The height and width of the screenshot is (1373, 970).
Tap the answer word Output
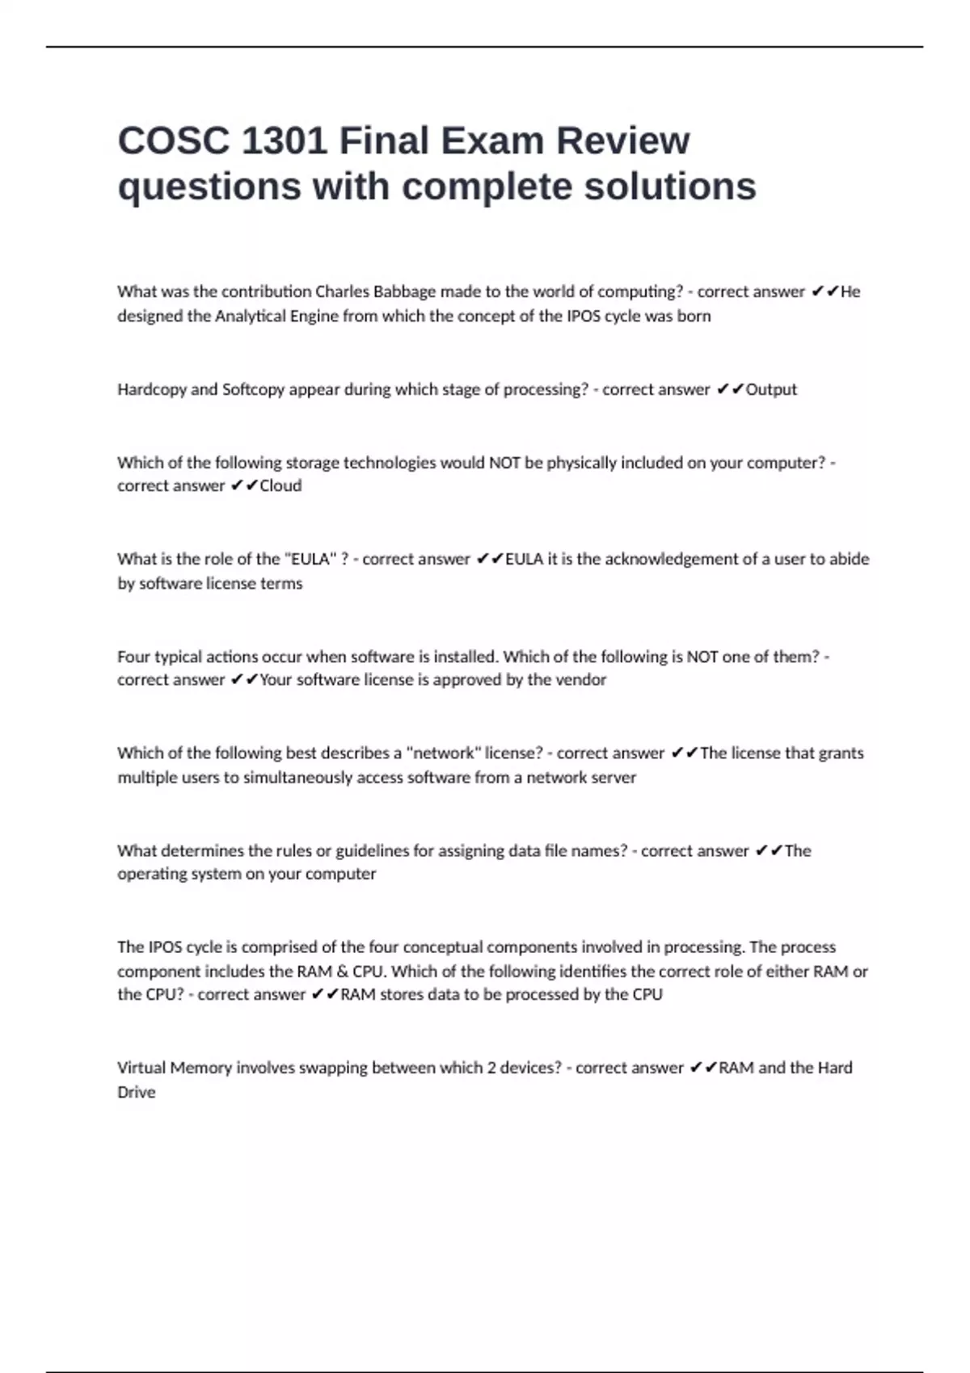point(771,389)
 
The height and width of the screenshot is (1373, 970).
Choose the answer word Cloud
point(280,485)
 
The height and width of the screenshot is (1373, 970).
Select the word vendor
point(581,679)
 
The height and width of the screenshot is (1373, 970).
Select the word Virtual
point(142,1068)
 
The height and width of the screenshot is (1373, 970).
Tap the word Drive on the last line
point(136,1092)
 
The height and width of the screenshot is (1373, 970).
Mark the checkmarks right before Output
point(730,389)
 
